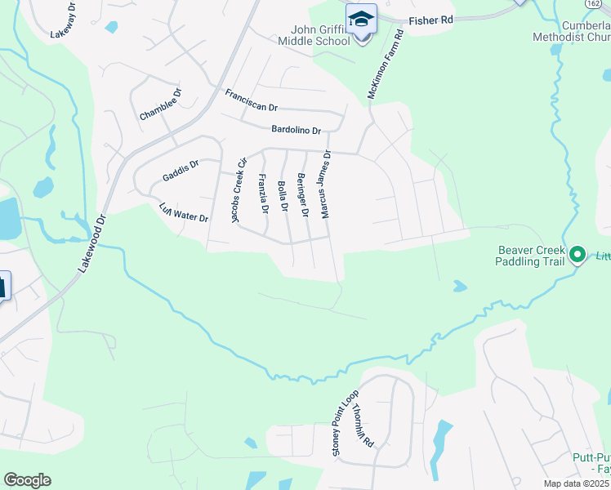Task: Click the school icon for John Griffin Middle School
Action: [x=361, y=19]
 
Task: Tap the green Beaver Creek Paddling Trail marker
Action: [x=578, y=255]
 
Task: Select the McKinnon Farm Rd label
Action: [x=386, y=66]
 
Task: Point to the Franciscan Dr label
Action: [x=252, y=101]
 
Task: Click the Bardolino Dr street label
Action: [x=297, y=129]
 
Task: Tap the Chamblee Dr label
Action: [x=160, y=106]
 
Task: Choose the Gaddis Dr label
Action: [x=181, y=171]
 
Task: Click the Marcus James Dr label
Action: [x=327, y=185]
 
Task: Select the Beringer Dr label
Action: [x=303, y=195]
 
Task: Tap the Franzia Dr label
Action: [x=263, y=194]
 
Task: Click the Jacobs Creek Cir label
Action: [x=239, y=190]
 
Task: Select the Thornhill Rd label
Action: [x=363, y=428]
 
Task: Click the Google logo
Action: [x=27, y=480]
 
